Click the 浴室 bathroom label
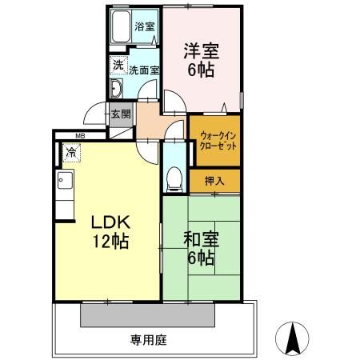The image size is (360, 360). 144,26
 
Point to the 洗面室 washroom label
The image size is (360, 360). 144,70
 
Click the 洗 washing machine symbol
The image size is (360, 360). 118,64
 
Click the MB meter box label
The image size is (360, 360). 81,136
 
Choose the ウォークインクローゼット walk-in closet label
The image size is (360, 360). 214,141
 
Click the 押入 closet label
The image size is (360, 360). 214,181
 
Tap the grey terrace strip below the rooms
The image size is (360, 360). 148,315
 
